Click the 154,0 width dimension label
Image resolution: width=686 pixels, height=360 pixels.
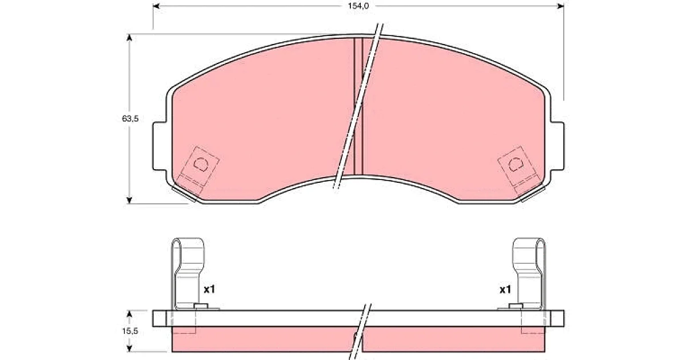click(x=358, y=6)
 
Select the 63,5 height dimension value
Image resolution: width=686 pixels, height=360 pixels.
click(x=130, y=118)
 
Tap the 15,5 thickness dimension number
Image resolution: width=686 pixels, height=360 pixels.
click(x=130, y=331)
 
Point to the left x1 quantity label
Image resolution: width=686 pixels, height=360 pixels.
click(x=209, y=289)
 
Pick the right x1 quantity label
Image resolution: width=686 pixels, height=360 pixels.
click(x=505, y=289)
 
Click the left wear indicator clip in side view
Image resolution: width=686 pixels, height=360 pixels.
click(x=188, y=273)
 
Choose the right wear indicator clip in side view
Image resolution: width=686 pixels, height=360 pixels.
click(x=529, y=273)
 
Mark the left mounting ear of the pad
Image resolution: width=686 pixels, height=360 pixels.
click(x=160, y=146)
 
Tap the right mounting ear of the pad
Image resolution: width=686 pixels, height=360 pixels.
click(x=557, y=146)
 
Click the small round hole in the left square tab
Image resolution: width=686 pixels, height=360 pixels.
click(x=201, y=164)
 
